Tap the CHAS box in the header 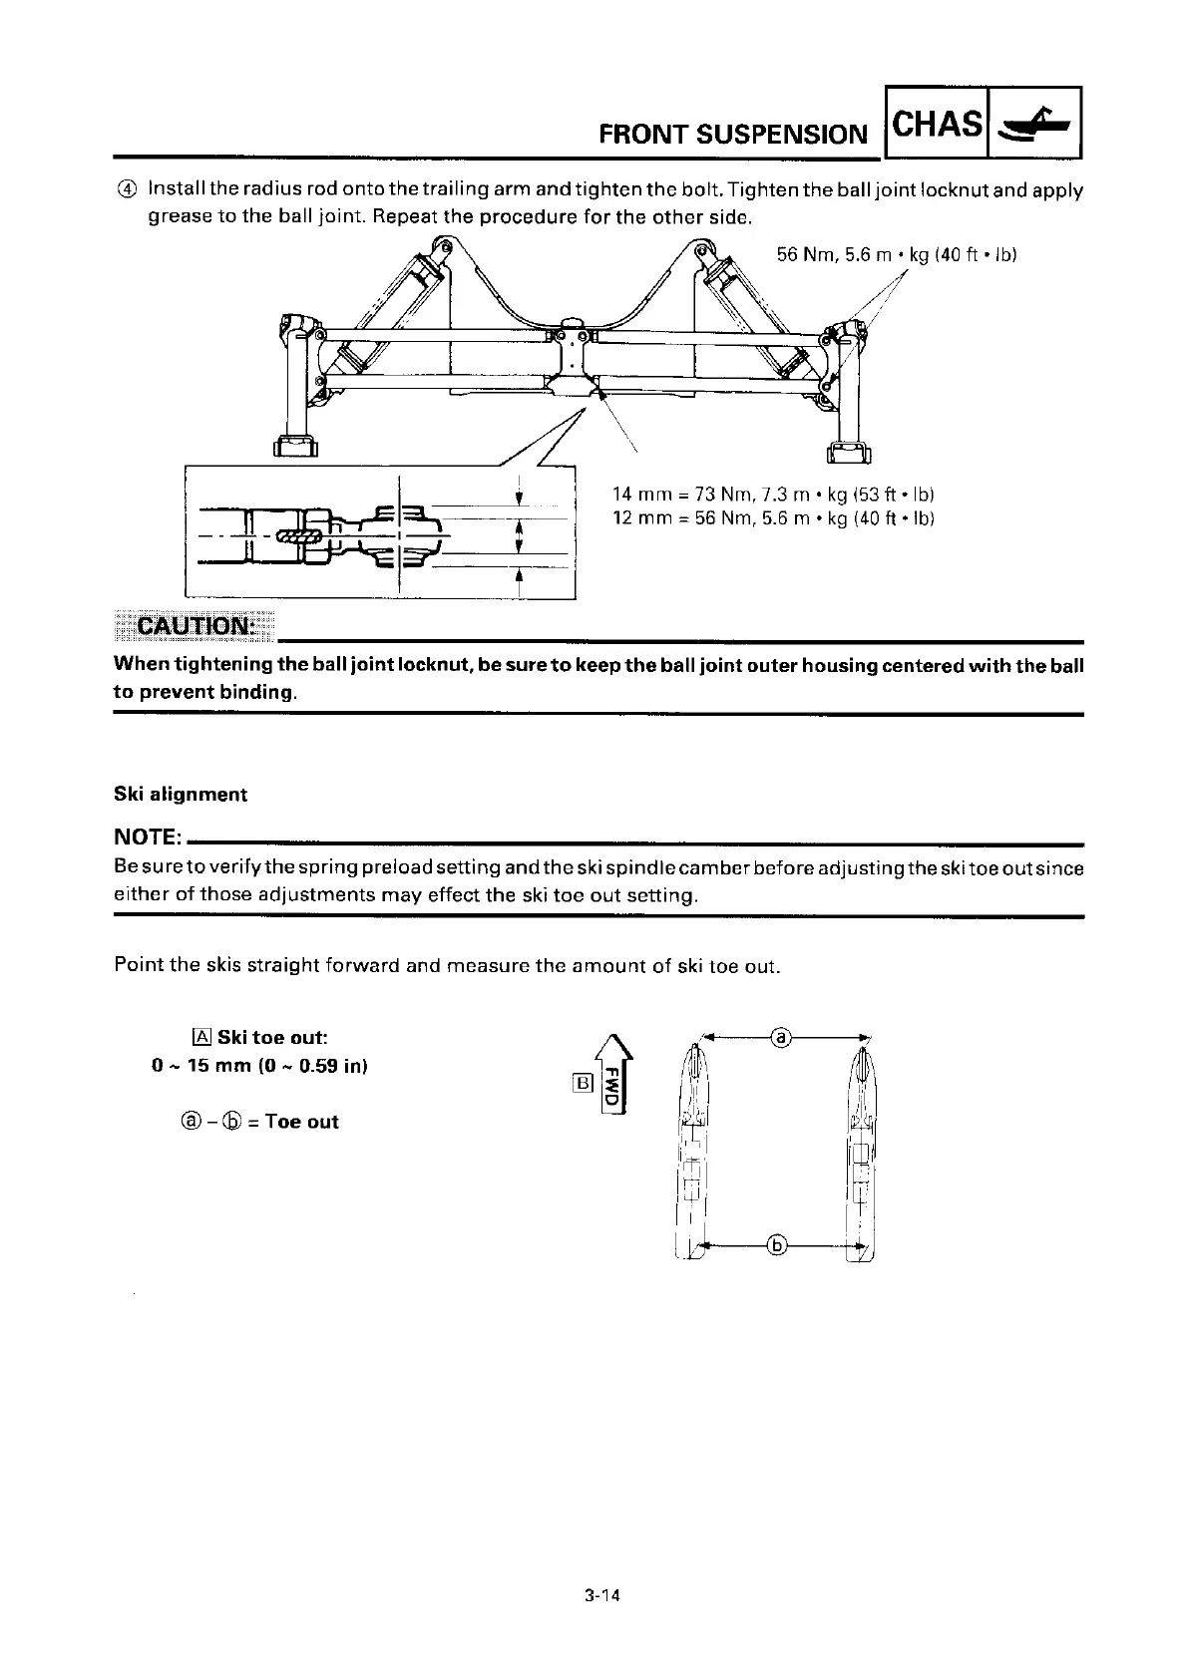[x=935, y=125]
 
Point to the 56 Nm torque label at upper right [x=896, y=254]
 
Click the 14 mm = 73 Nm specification [x=772, y=495]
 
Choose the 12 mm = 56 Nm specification [x=772, y=518]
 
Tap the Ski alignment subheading [x=180, y=794]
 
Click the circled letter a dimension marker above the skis [x=782, y=1039]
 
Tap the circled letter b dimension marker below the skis [x=779, y=1243]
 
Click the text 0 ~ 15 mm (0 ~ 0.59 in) [x=259, y=1066]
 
